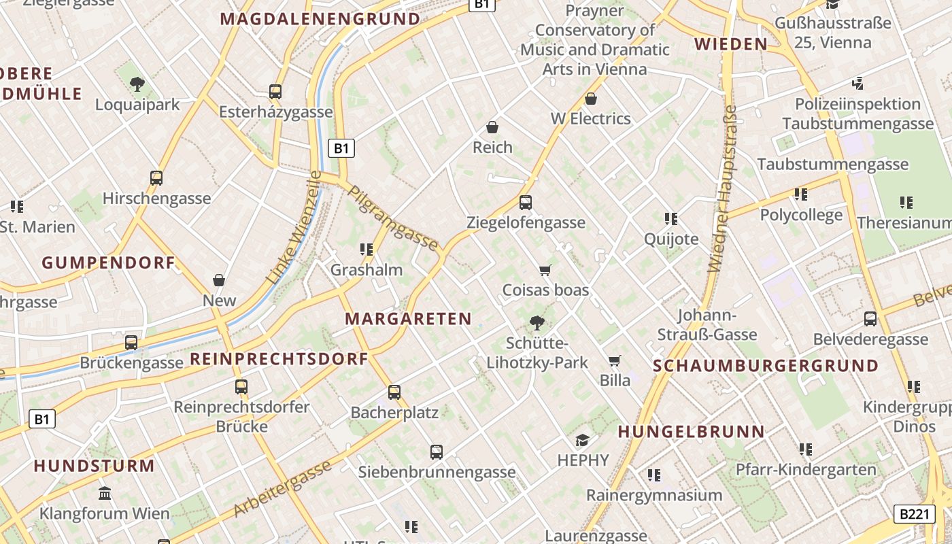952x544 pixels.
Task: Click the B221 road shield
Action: pos(913,514)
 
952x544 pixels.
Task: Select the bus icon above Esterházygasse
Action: pos(275,92)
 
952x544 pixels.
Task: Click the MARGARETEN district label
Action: pos(408,319)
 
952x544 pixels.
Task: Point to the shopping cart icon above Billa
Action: pos(615,360)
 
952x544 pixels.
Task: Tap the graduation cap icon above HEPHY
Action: pos(583,440)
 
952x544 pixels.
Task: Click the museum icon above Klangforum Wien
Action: pos(105,493)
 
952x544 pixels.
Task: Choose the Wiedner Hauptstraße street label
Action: pos(722,189)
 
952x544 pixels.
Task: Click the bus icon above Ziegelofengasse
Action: pos(526,203)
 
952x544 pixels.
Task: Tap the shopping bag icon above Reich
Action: pos(492,127)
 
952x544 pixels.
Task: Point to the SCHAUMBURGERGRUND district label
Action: pos(766,366)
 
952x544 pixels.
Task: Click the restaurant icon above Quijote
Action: pos(671,219)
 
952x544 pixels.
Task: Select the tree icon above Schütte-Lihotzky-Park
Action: pos(537,323)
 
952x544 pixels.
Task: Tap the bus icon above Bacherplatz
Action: pos(394,392)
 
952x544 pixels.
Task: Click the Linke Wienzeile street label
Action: pos(294,228)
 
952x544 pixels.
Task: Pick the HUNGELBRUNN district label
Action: pos(692,432)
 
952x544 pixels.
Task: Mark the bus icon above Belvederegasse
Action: pos(870,319)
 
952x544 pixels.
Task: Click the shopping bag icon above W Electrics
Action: pos(591,99)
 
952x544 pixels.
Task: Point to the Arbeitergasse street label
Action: pos(283,488)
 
